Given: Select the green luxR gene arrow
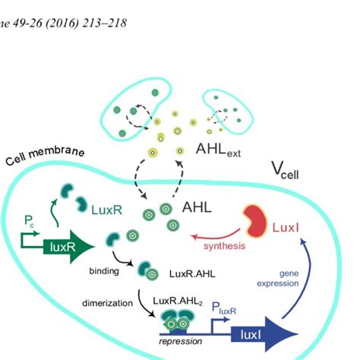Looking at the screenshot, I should pos(61,246).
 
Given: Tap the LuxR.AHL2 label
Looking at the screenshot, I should pos(177,302).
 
